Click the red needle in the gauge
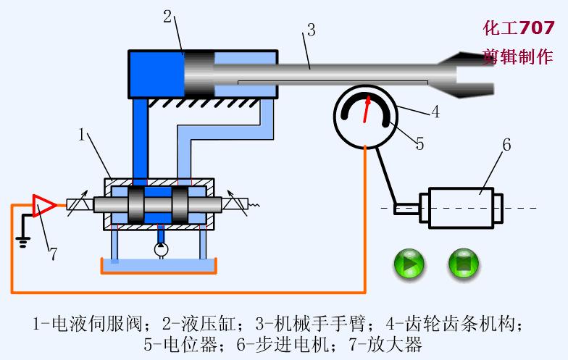coord(368,109)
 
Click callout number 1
coord(83,135)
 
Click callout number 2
coord(167,16)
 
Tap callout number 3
coord(310,30)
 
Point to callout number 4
coord(435,112)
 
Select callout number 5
coord(419,143)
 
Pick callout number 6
coord(506,145)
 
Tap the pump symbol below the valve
coord(161,249)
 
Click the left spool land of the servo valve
coord(137,206)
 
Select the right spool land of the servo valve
coord(182,206)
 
